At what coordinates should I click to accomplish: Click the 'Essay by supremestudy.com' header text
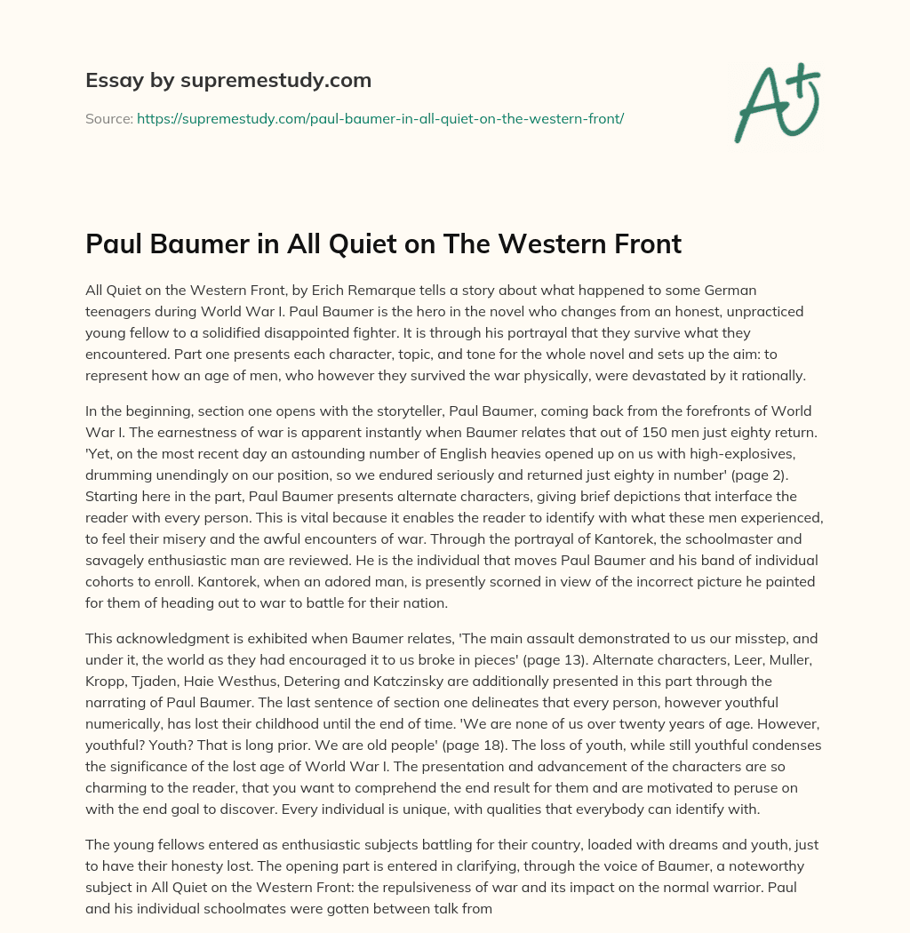[228, 81]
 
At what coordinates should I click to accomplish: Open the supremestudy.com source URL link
[380, 118]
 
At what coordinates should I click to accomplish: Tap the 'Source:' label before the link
[109, 118]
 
